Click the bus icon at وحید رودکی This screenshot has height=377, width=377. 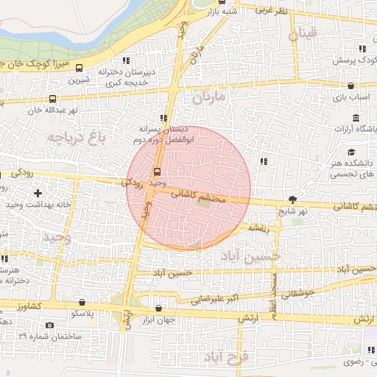pyautogui.click(x=156, y=173)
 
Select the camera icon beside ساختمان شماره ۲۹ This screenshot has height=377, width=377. pyautogui.click(x=49, y=325)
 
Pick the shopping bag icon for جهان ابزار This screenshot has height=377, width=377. pyautogui.click(x=159, y=309)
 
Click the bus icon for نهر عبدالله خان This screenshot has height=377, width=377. pyautogui.click(x=52, y=99)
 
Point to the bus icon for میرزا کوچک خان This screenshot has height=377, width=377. pyautogui.click(x=79, y=68)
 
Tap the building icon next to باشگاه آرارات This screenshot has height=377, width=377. pyautogui.click(x=356, y=118)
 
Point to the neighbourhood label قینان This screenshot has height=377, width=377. pyautogui.click(x=303, y=33)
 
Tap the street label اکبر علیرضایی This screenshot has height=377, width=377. pyautogui.click(x=213, y=300)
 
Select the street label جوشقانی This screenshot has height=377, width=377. pyautogui.click(x=298, y=293)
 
